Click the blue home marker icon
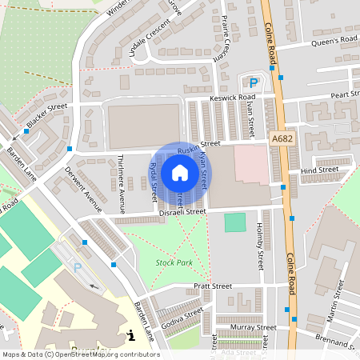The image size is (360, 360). pyautogui.click(x=180, y=173)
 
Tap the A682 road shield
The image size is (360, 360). pyautogui.click(x=281, y=138)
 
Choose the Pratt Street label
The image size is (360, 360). pyautogui.click(x=213, y=286)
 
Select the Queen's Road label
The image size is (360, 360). pyautogui.click(x=334, y=40)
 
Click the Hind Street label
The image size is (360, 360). pyautogui.click(x=319, y=170)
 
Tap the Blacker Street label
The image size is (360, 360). pyautogui.click(x=46, y=117)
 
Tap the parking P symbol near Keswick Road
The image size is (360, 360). pyautogui.click(x=254, y=82)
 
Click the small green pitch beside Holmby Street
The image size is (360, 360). pyautogui.click(x=235, y=222)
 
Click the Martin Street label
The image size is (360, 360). pyautogui.click(x=334, y=306)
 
